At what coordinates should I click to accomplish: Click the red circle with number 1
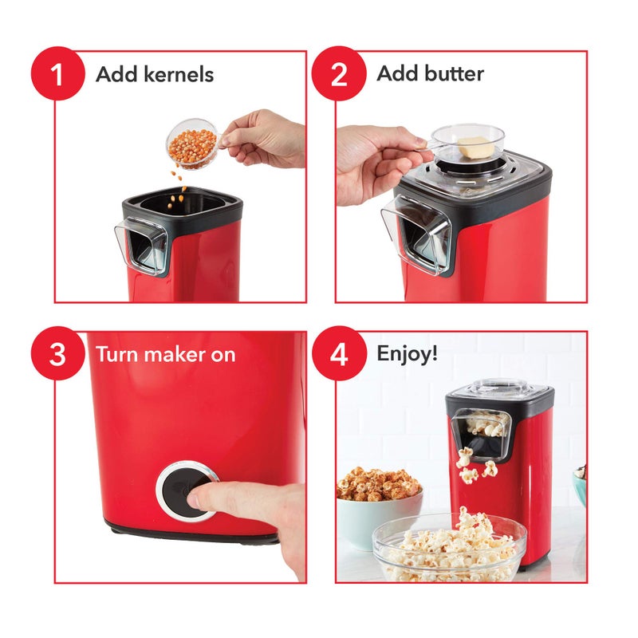point(57,74)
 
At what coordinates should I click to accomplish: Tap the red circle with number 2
point(338,74)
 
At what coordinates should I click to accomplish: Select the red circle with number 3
point(57,353)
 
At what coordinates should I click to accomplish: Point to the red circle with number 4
point(338,353)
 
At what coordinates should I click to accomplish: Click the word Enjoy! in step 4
point(408,353)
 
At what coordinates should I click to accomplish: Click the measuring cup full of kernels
point(191,144)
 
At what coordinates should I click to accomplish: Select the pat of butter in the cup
point(472,146)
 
